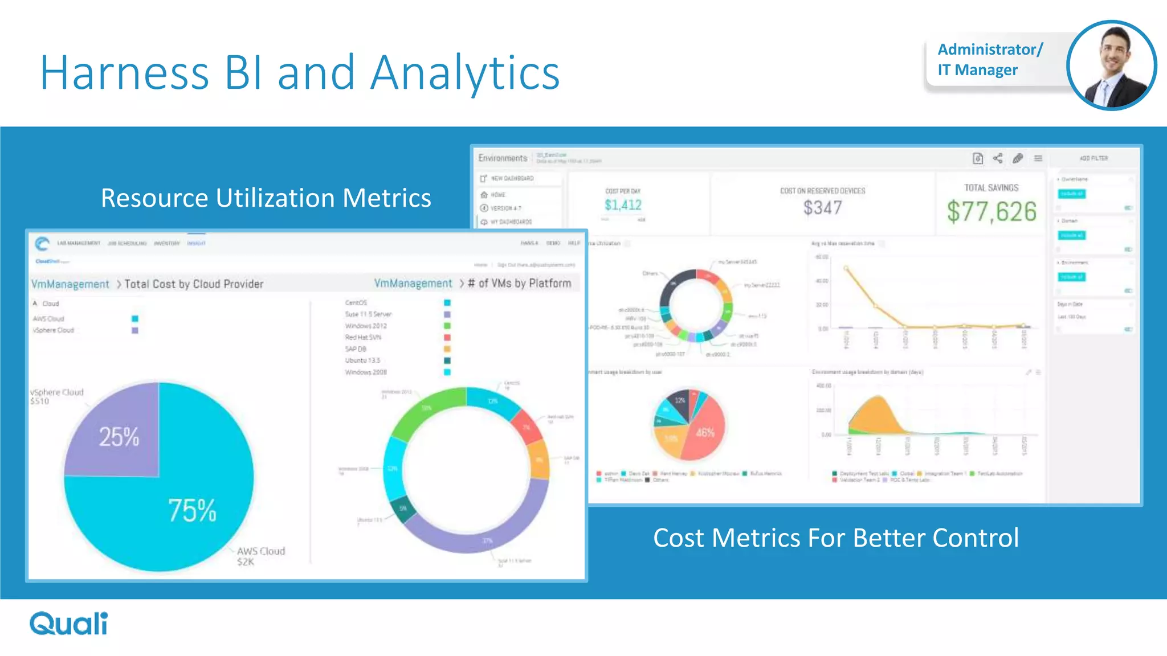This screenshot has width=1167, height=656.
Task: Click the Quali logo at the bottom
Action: [68, 624]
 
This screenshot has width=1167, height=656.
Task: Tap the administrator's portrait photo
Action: [1111, 65]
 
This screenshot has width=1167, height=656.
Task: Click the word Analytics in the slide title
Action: [464, 73]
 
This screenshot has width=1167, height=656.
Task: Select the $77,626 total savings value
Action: [991, 212]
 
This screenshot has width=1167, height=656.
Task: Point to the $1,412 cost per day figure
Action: [623, 205]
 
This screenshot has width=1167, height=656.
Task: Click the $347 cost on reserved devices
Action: [822, 208]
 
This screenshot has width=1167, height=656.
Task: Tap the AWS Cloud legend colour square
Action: [135, 319]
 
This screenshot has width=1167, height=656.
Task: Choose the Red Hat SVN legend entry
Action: [363, 338]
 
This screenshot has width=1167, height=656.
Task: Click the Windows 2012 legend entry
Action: [366, 326]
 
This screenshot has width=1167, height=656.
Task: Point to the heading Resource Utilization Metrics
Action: [266, 198]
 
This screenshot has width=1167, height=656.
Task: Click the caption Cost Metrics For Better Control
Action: [835, 538]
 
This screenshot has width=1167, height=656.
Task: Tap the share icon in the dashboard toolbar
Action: [998, 158]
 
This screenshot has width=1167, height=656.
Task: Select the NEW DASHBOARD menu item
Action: [512, 178]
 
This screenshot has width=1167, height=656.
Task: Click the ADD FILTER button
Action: [1093, 158]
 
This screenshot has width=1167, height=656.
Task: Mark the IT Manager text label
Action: [977, 70]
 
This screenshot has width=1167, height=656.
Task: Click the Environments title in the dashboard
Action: [503, 158]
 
